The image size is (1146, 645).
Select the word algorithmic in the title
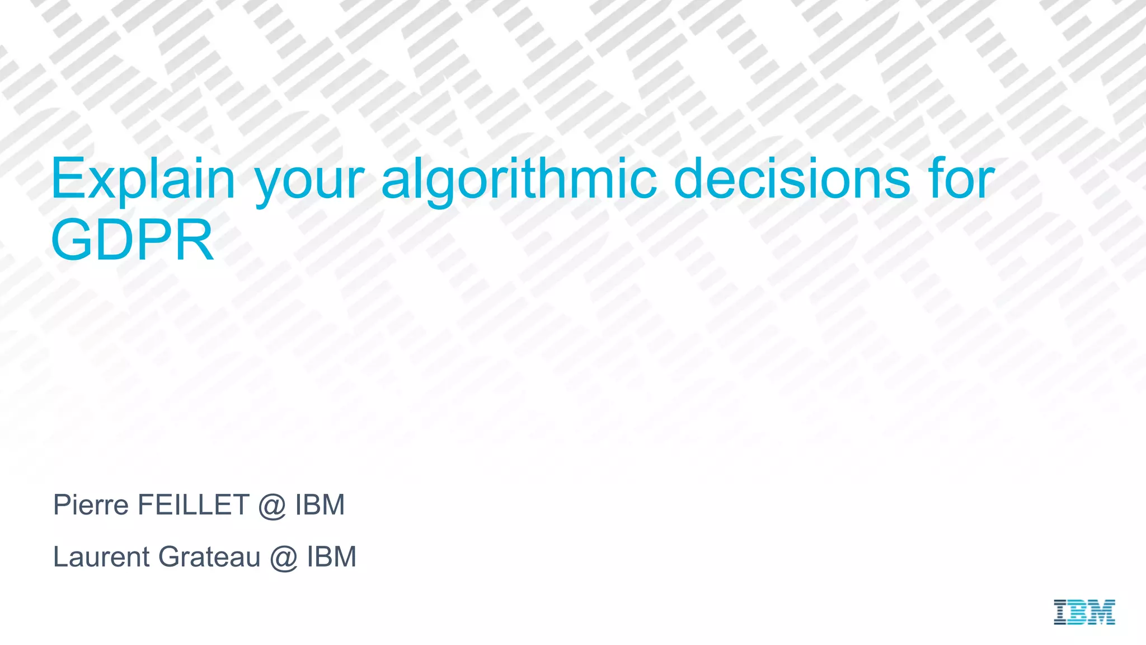click(519, 179)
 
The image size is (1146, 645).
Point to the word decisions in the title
click(792, 179)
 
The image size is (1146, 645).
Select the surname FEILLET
click(193, 505)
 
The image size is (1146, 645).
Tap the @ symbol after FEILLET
click(272, 506)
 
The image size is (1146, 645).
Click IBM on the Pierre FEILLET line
click(320, 505)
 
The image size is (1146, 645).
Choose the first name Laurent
click(101, 557)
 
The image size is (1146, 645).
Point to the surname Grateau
click(209, 557)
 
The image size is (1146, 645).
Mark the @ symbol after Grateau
click(283, 558)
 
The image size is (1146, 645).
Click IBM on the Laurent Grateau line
click(331, 557)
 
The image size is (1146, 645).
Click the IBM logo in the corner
click(1084, 612)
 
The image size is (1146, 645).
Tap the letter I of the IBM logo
click(1060, 612)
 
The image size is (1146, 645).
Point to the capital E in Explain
click(66, 179)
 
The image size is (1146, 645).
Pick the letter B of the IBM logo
click(1078, 612)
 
